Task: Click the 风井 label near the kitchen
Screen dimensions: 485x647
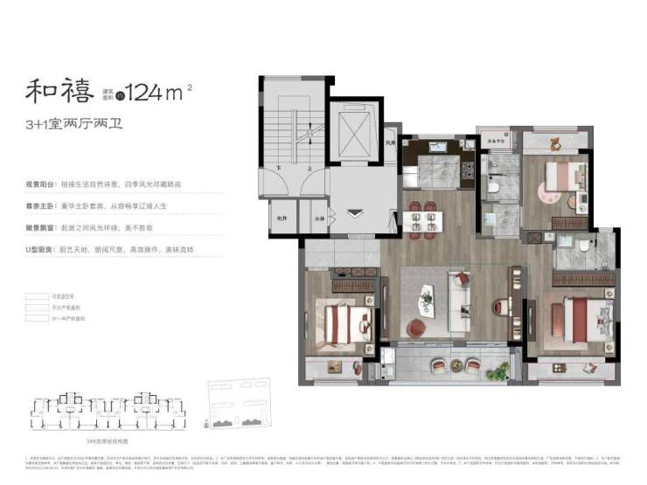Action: click(389, 142)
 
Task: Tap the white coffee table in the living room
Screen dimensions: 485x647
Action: click(427, 297)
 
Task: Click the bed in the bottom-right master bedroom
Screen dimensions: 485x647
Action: click(581, 319)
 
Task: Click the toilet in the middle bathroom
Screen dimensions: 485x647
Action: click(491, 186)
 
